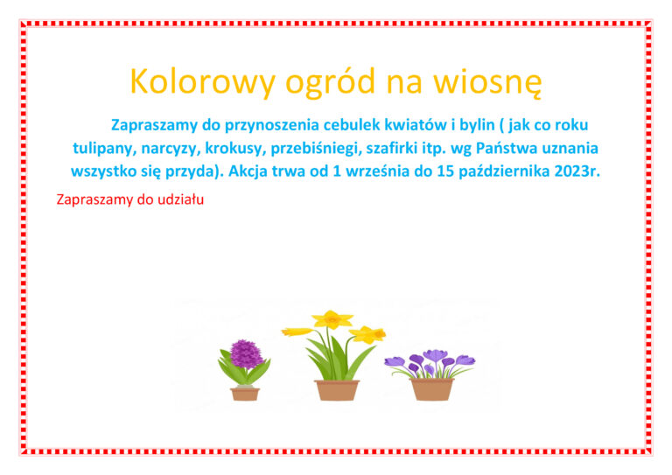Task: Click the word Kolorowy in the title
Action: (202, 82)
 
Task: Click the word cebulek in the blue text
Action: (352, 124)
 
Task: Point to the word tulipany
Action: (105, 148)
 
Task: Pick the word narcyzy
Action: (171, 149)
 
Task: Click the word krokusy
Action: (235, 148)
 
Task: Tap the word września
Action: (377, 171)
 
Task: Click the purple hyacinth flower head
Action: (246, 353)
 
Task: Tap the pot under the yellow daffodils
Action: (337, 390)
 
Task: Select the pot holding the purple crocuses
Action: (431, 389)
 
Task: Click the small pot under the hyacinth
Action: (245, 394)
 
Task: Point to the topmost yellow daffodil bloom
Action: (332, 319)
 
